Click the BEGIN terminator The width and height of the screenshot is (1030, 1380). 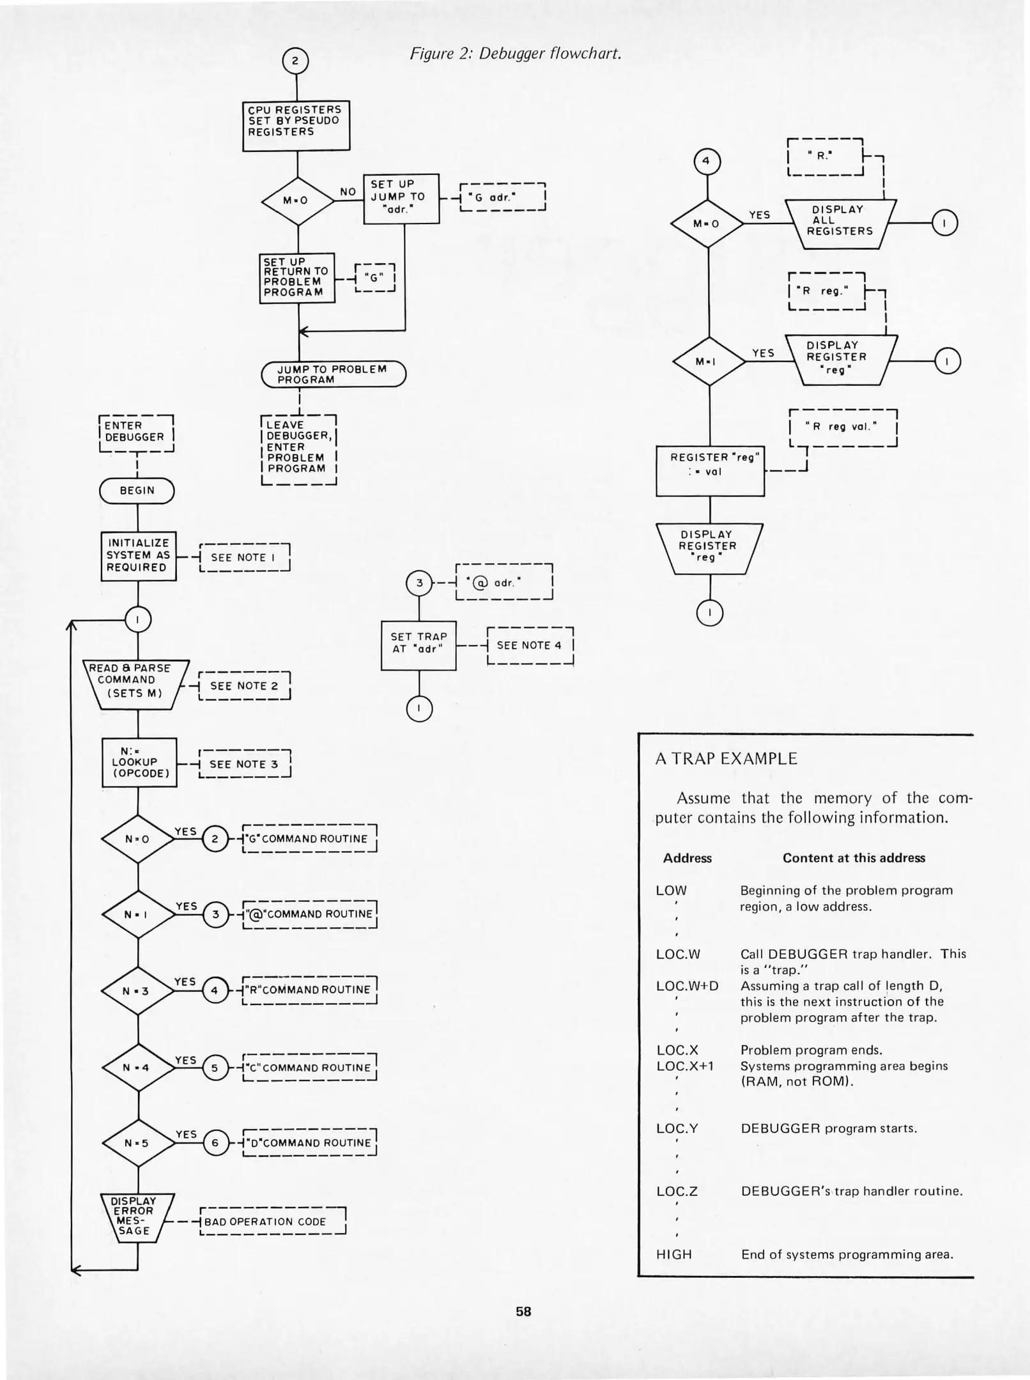click(137, 491)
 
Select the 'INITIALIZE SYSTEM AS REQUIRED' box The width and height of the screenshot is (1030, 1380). click(138, 556)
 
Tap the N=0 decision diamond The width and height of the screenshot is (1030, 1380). click(138, 839)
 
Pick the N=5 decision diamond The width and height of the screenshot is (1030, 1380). click(138, 1143)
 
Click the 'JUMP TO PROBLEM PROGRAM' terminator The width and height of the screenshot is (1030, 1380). click(333, 374)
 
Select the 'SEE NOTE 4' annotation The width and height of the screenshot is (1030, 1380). click(530, 646)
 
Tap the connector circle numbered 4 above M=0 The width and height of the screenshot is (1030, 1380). click(707, 162)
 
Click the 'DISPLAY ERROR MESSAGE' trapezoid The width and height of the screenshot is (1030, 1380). click(135, 1216)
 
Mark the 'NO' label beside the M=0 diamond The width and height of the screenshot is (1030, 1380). click(348, 192)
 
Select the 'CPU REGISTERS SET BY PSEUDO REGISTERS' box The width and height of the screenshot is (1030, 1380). click(296, 125)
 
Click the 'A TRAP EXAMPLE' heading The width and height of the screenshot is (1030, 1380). click(726, 759)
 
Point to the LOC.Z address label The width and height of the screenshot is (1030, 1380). click(677, 1192)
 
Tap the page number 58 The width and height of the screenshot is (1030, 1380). click(523, 1312)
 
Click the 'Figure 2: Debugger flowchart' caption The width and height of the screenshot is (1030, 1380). click(516, 54)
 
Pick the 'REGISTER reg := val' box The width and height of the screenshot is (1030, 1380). click(710, 471)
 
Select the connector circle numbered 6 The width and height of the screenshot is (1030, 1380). click(215, 1143)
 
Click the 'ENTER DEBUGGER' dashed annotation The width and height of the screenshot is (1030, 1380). click(136, 433)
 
